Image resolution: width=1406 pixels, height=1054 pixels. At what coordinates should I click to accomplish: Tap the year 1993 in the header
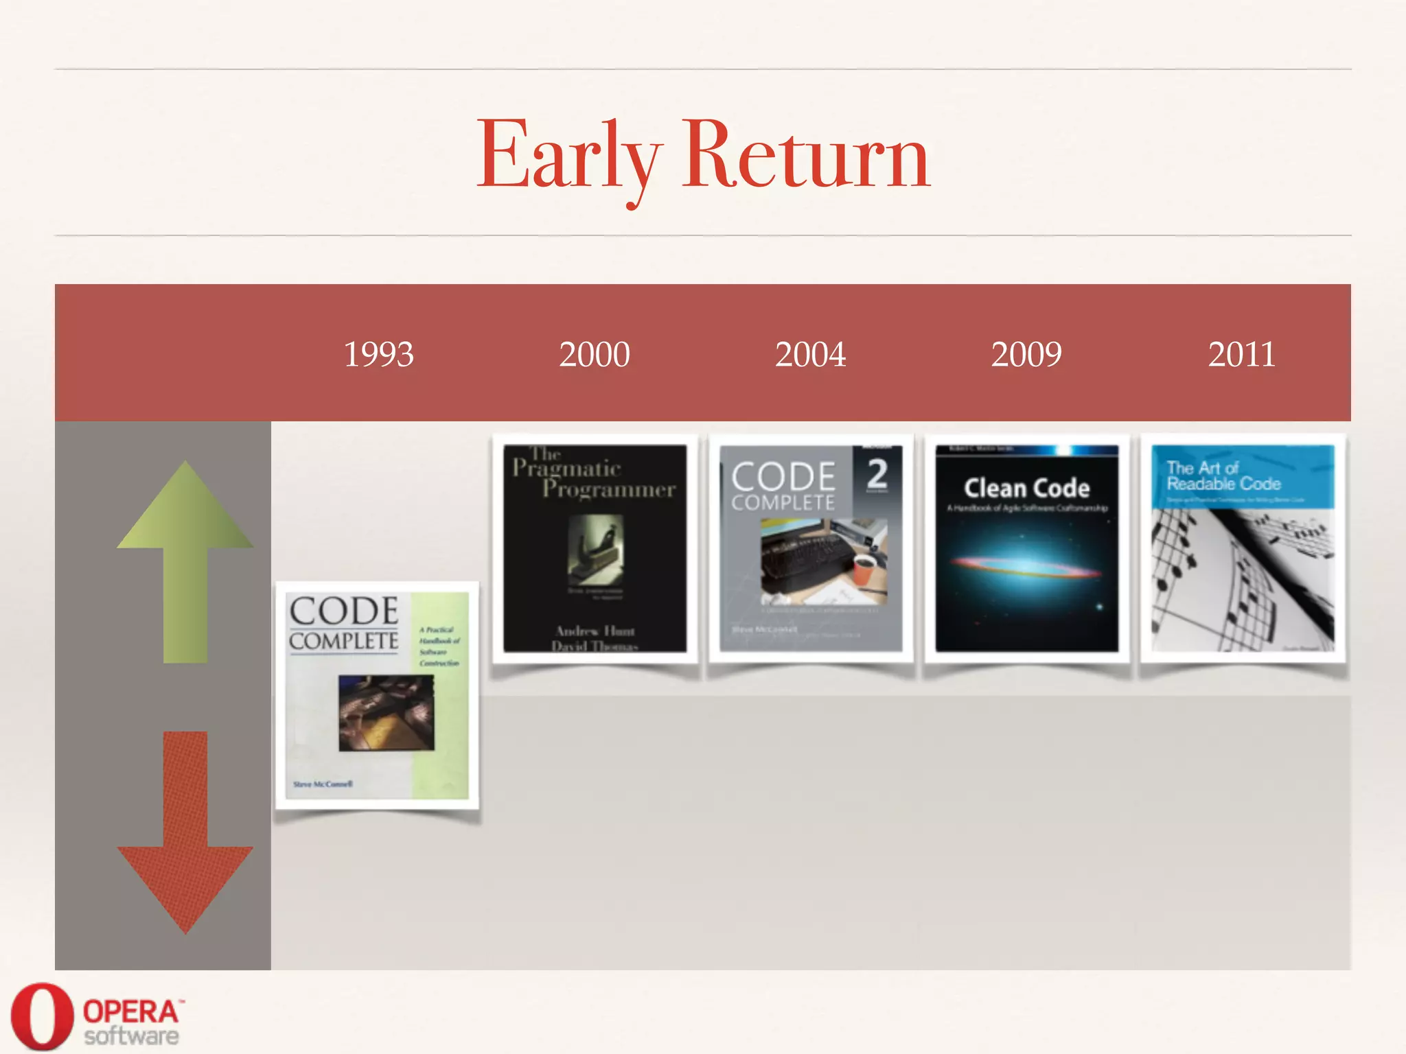coord(378,355)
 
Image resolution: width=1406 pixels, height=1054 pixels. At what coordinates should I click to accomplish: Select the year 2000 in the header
coord(594,355)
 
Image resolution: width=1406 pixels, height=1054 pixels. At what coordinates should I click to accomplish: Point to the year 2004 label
coord(810,355)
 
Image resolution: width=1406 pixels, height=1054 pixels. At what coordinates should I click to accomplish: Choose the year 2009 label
coord(1026,355)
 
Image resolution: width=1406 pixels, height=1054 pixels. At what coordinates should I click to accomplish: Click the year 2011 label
coord(1241,355)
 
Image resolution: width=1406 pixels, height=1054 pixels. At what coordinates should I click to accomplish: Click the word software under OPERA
coord(131,1036)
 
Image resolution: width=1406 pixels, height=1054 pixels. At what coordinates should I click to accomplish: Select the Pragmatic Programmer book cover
coord(595,549)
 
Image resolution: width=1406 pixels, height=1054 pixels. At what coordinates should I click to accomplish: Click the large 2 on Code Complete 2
coord(877,473)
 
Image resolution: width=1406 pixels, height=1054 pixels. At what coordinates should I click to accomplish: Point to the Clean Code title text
coord(1026,488)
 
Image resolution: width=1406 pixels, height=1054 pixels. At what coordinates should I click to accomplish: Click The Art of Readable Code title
coord(1223,476)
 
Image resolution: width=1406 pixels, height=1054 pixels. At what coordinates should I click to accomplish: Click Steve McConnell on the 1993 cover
coord(323,784)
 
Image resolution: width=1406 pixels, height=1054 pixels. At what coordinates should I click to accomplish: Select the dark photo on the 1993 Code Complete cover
coord(387,712)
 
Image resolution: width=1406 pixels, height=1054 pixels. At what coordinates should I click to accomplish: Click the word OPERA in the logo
coord(130,1011)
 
